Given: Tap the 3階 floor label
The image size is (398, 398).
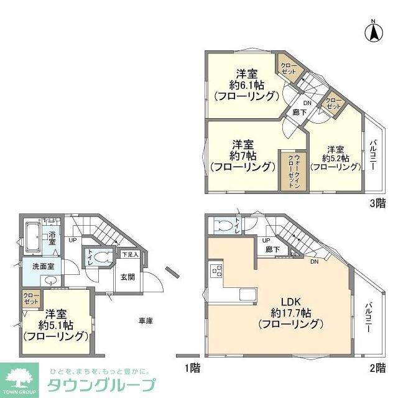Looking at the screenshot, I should click(x=377, y=202).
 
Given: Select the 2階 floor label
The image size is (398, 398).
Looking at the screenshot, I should click(x=377, y=368).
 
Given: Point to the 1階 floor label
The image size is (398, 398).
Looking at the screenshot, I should click(x=193, y=368).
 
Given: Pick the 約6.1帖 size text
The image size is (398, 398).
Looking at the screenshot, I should click(x=246, y=84).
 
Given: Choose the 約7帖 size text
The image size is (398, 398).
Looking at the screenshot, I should click(x=243, y=154).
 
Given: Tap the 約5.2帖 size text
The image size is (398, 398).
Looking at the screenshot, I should click(x=336, y=158).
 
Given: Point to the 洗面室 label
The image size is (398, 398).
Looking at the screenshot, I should click(x=37, y=266).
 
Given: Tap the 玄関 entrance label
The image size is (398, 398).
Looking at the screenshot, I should click(x=127, y=277).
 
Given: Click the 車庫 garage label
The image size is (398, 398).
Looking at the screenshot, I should click(x=146, y=320).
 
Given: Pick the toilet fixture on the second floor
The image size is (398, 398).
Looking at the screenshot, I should click(x=222, y=226).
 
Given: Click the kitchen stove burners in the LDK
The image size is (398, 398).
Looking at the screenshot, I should click(x=217, y=271).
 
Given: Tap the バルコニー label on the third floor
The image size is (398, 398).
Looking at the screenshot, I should click(x=373, y=155).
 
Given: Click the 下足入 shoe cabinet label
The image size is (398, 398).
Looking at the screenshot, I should click(x=129, y=254).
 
